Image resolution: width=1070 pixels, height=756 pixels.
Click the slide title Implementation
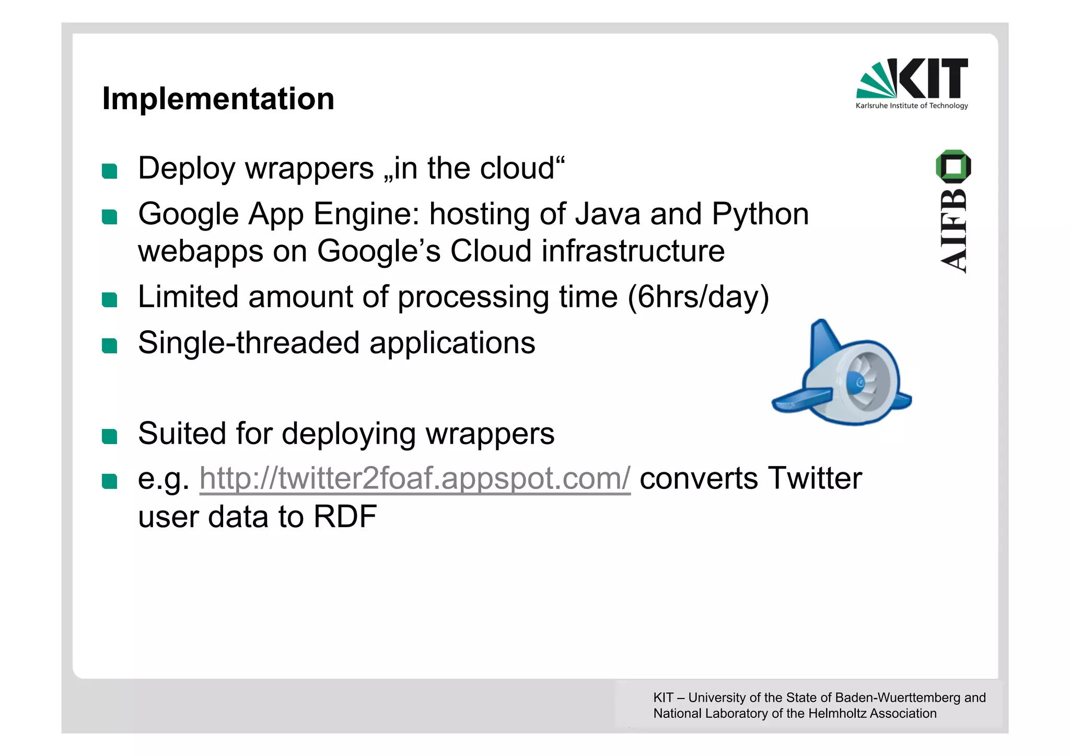pos(218,99)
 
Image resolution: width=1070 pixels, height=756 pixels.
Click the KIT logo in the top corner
pos(912,79)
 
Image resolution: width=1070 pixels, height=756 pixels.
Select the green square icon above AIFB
pos(953,166)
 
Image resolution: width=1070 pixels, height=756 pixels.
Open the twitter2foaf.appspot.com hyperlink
pos(415,478)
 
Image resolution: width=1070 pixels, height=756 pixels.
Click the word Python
pos(760,214)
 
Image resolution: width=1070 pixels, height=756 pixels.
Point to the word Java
pos(608,214)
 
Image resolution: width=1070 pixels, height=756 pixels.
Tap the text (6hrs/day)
pos(698,297)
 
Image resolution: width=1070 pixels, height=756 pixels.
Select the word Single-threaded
pos(249,343)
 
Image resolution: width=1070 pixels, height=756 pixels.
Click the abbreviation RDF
pos(345,517)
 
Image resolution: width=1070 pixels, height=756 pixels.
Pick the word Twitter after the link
pos(815,478)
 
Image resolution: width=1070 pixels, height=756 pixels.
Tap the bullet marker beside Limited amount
pos(110,299)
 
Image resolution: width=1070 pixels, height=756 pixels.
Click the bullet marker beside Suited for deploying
pos(110,436)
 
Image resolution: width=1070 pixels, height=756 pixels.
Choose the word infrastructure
pos(633,251)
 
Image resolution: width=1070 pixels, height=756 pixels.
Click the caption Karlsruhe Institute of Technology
pos(912,106)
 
